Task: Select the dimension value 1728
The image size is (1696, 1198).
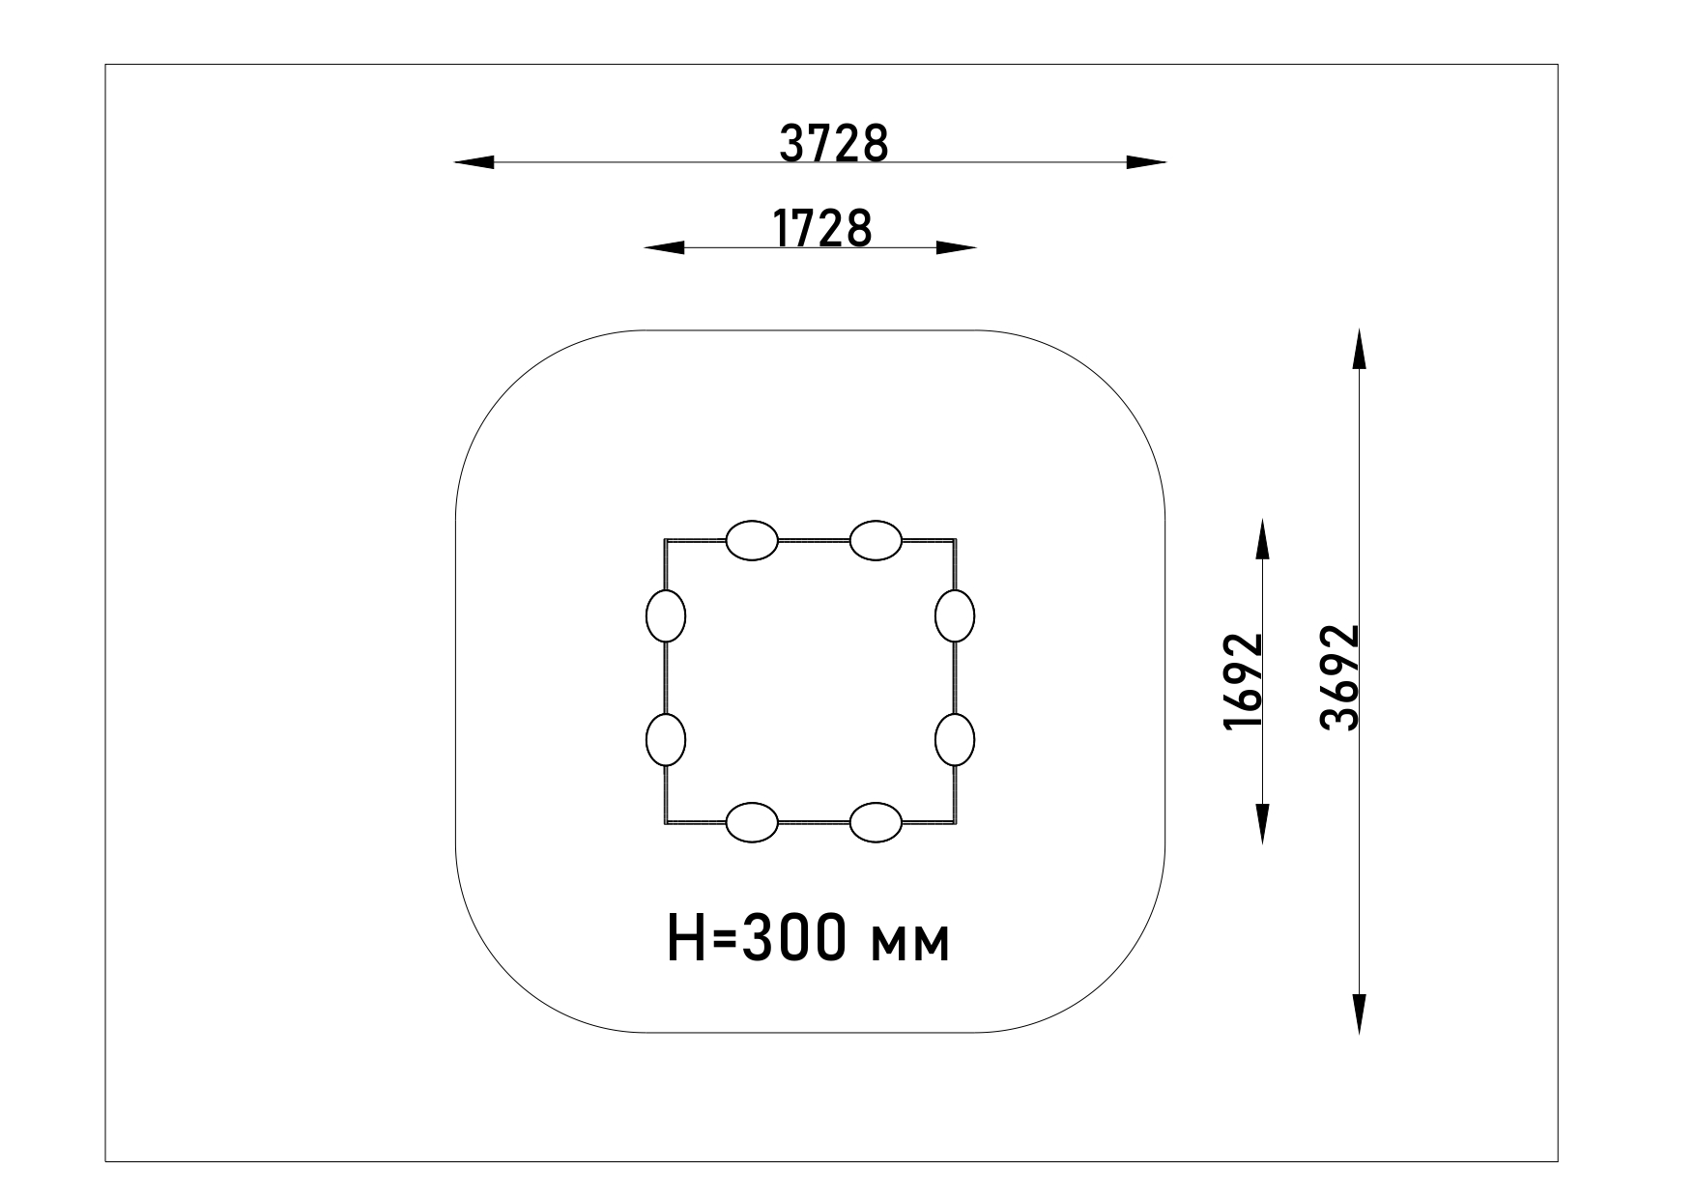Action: coord(822,229)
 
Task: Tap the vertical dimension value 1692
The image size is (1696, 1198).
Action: coord(1243,681)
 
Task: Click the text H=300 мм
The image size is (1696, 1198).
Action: coord(809,938)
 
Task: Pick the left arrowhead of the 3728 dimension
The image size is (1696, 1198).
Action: coord(474,162)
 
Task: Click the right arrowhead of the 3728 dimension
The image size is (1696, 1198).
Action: coord(1146,162)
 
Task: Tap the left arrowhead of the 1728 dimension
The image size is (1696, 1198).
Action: coord(664,248)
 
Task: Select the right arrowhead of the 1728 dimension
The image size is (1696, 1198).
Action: coord(957,248)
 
